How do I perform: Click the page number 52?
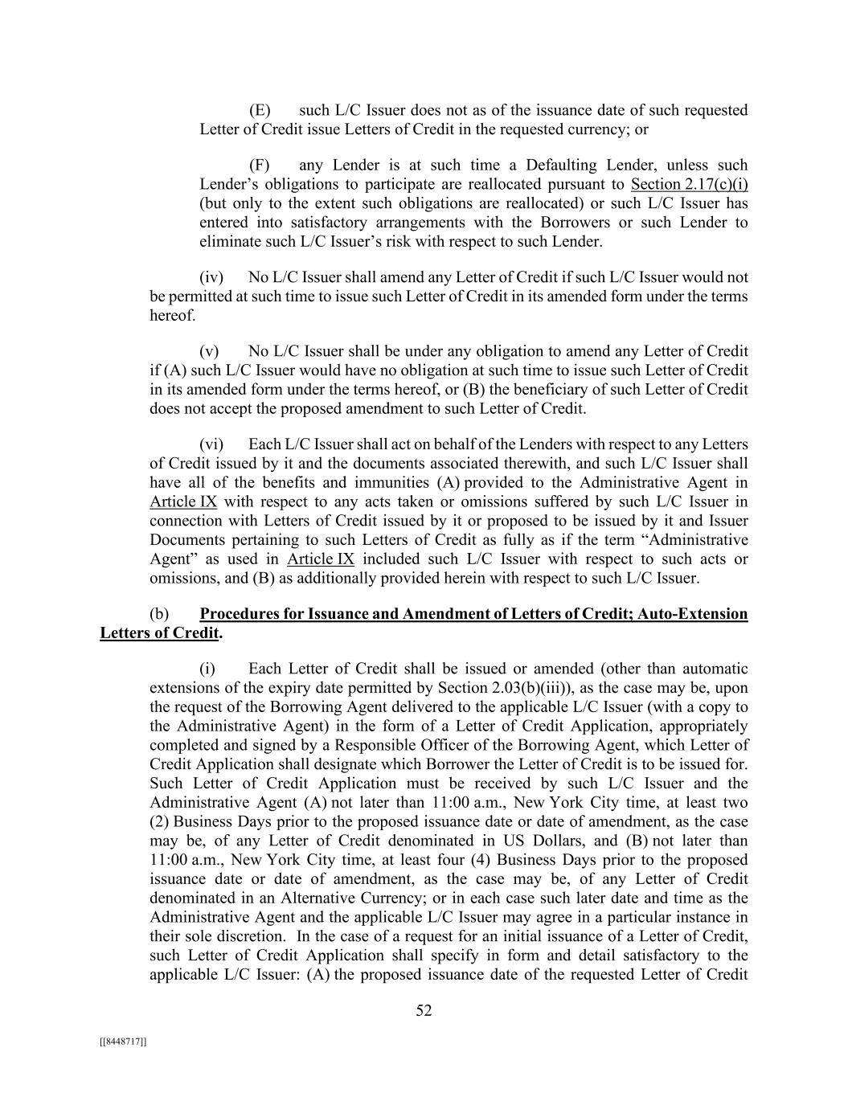point(424,1011)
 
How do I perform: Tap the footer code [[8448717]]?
point(123,1042)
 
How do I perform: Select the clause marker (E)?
point(260,110)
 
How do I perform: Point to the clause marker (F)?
point(260,166)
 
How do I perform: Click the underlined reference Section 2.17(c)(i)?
point(690,185)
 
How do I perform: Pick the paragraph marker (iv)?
point(211,277)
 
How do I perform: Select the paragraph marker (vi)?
point(211,444)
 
